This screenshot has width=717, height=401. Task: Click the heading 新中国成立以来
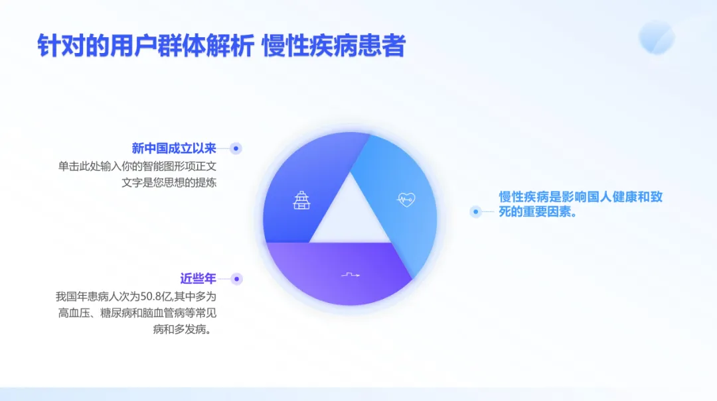click(x=174, y=148)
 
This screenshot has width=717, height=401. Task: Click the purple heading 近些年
click(x=194, y=278)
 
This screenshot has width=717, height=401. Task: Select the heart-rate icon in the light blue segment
click(x=406, y=198)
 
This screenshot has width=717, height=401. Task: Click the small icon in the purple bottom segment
click(x=351, y=274)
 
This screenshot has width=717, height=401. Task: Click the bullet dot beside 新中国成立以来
click(x=236, y=148)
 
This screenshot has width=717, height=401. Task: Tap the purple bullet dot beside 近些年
click(x=237, y=279)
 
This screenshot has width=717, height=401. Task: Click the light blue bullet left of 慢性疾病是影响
click(x=475, y=212)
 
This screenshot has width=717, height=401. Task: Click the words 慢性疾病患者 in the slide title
click(x=334, y=46)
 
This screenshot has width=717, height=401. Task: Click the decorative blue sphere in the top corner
click(x=657, y=36)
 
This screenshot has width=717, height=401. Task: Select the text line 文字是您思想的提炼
click(x=169, y=182)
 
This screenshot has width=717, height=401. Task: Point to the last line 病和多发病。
click(x=185, y=329)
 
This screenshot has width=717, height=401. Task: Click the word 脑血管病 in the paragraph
click(x=165, y=313)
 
